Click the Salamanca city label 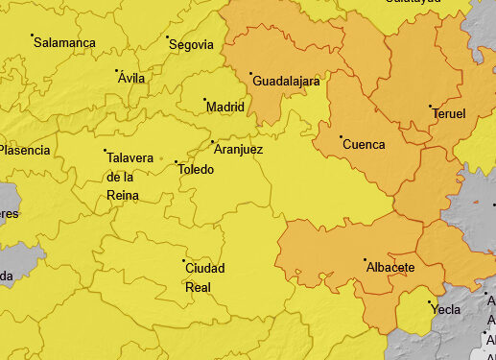click(65, 43)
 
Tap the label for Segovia click(191, 44)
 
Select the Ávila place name click(131, 78)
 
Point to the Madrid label click(225, 107)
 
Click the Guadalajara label click(286, 82)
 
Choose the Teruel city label click(449, 113)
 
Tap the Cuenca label click(364, 145)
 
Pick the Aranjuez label click(238, 150)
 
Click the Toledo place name click(196, 170)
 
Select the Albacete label click(390, 267)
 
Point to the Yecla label click(445, 310)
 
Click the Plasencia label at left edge click(24, 150)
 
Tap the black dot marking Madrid click(204, 99)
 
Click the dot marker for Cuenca click(341, 136)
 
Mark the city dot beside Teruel click(431, 106)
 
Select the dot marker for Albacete click(365, 259)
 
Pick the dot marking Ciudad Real click(183, 260)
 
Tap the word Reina click(123, 196)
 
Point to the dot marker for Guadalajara click(251, 74)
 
